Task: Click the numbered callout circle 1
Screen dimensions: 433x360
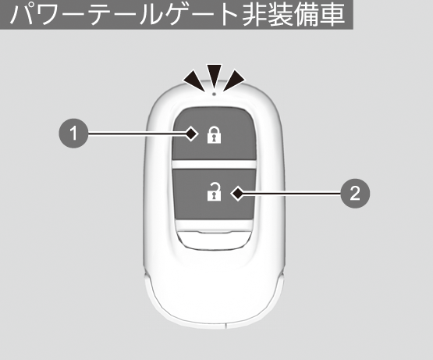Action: [73, 134]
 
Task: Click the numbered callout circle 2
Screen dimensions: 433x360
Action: [355, 193]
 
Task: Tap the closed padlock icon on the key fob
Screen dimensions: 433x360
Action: [215, 135]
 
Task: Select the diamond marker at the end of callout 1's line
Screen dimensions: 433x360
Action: [191, 134]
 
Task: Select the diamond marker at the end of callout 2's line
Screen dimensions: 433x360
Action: [237, 193]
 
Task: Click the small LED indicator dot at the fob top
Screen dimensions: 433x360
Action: [214, 94]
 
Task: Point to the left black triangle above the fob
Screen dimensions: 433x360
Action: [195, 80]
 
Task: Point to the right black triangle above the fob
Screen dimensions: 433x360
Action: [233, 80]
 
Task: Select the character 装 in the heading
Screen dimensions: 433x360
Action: [281, 13]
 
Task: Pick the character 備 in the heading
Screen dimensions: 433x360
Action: [307, 13]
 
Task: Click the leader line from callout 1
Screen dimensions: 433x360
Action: [137, 134]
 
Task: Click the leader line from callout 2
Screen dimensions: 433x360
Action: [292, 193]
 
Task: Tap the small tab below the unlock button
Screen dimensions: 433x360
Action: [215, 240]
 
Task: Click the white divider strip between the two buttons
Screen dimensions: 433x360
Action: [215, 165]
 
